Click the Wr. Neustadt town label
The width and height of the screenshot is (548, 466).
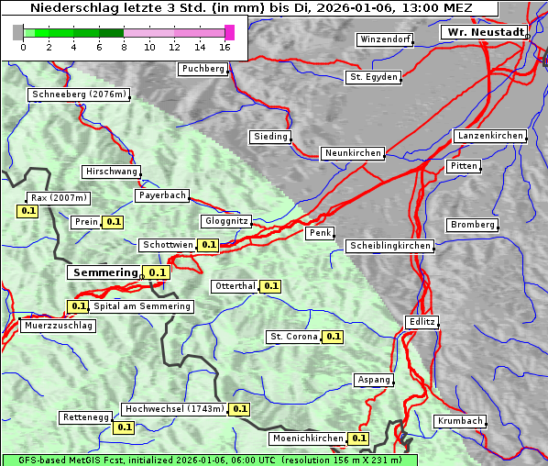coord(485,32)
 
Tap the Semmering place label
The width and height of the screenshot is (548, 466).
coord(104,272)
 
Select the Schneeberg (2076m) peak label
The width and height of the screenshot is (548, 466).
coord(78,94)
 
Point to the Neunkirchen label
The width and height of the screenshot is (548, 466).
coord(353,153)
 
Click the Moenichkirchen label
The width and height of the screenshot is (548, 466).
coord(307,438)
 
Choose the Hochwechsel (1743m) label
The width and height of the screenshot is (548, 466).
coord(174,409)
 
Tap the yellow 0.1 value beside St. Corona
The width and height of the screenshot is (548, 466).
coord(333,337)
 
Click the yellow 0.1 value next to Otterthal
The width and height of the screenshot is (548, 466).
coord(270,286)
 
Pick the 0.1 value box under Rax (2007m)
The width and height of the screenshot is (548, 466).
coord(28,211)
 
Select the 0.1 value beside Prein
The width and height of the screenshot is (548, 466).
coord(113,222)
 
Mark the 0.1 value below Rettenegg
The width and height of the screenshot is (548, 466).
coord(124,427)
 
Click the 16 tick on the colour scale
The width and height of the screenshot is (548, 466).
coord(225,47)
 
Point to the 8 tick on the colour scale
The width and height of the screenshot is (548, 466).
coord(124,47)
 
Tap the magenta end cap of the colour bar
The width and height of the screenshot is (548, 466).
coord(229,33)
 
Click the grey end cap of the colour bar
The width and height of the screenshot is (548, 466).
coord(18,33)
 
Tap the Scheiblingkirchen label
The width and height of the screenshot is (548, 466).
coord(389,246)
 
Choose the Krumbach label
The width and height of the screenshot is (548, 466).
coord(459,421)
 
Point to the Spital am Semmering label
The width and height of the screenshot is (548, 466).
coord(142,306)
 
